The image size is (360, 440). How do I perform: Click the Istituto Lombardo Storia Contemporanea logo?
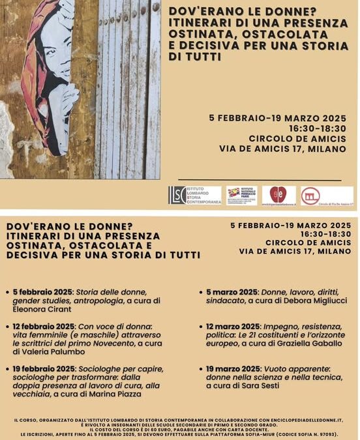pyautogui.click(x=195, y=195)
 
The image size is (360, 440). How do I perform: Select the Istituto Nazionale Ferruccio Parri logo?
pyautogui.click(x=241, y=195)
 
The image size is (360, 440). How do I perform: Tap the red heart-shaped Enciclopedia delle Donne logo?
pyautogui.click(x=278, y=195)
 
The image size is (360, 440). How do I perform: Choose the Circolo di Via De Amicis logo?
pyautogui.click(x=327, y=196)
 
